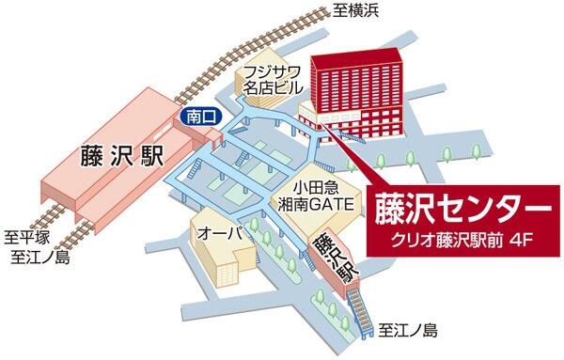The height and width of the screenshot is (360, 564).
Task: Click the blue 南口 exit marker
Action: [x=194, y=117]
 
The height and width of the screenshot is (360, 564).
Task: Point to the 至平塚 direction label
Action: [x=29, y=237]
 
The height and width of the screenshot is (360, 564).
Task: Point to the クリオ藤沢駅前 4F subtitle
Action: [x=460, y=240]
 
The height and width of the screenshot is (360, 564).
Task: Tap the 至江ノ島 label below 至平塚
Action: [x=35, y=257]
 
